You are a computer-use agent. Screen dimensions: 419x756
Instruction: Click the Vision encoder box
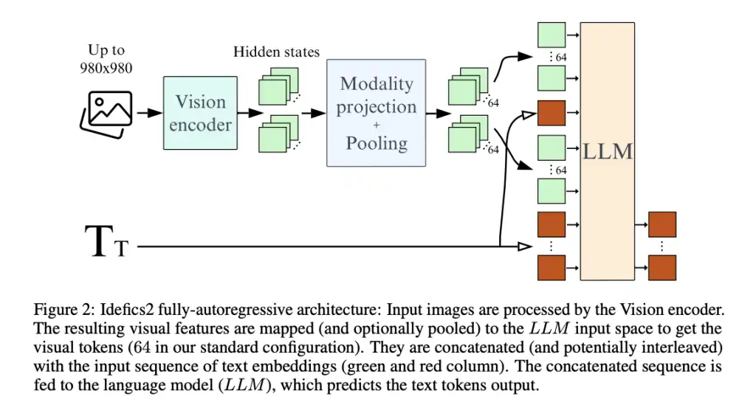click(200, 113)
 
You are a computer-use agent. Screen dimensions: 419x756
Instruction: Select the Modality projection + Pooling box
click(377, 112)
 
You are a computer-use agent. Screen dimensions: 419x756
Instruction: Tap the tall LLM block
click(608, 151)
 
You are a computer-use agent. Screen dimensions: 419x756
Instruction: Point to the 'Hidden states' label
click(276, 52)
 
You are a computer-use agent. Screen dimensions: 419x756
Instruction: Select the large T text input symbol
click(99, 241)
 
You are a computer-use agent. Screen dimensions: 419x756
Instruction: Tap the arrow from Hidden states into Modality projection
click(314, 113)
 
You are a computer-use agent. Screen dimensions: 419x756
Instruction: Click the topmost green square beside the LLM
click(551, 35)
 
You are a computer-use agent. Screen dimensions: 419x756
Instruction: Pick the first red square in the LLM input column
click(551, 113)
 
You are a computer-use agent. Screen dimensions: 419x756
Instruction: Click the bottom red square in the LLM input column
click(551, 266)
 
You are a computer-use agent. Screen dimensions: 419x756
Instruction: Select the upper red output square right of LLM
click(662, 224)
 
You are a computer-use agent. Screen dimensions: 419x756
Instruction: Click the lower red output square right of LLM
click(662, 266)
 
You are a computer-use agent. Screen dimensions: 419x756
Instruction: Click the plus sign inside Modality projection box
click(377, 125)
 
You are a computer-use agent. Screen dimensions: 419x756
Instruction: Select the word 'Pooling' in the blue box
click(377, 142)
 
